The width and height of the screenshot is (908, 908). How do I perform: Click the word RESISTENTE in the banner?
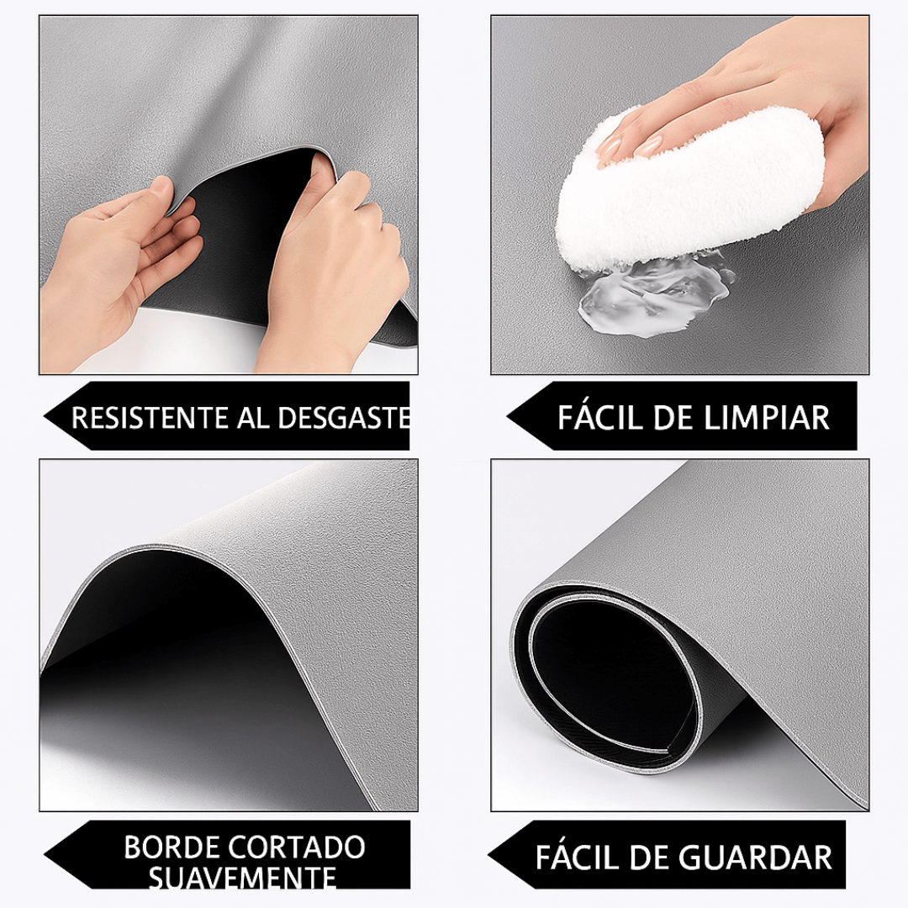[x=149, y=418]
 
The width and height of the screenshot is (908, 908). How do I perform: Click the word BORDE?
[x=171, y=847]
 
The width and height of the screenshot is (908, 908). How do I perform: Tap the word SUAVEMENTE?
[x=243, y=878]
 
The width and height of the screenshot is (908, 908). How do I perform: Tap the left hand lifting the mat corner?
[x=126, y=269]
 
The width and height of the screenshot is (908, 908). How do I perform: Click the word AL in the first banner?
[x=252, y=418]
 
